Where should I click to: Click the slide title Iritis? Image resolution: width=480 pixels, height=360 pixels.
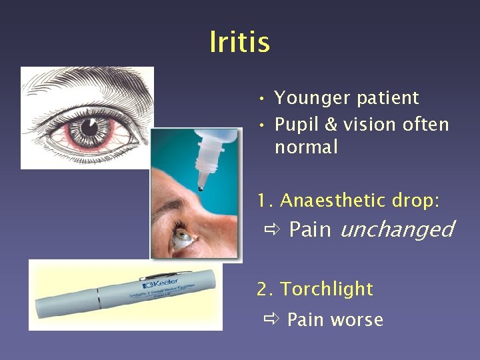[239, 42]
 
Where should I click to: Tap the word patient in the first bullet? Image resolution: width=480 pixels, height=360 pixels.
[389, 98]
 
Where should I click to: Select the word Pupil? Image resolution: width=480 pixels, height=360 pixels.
[298, 125]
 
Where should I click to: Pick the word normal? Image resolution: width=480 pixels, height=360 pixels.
[306, 147]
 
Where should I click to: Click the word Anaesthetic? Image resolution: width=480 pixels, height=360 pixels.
[332, 200]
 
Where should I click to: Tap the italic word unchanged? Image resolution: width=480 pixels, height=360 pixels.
[397, 229]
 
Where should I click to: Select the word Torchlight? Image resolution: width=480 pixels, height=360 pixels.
[327, 289]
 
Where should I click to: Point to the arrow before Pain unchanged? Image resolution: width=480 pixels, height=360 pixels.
[271, 230]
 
